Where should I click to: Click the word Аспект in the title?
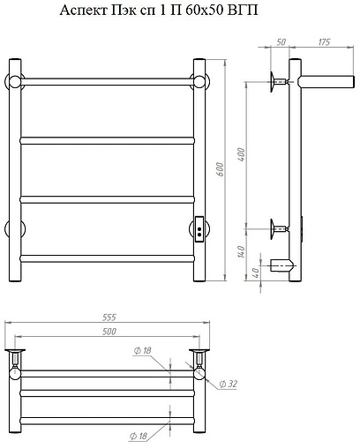[x=83, y=11]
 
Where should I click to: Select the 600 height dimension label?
[x=220, y=169]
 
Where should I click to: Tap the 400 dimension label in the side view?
[x=241, y=154]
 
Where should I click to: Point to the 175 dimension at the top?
[x=324, y=42]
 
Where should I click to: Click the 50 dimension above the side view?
[x=281, y=42]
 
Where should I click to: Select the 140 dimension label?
[x=241, y=252]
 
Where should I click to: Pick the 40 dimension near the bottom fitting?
[x=256, y=273]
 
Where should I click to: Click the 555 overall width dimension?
[x=109, y=317]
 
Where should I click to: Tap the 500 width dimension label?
[x=109, y=332]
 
